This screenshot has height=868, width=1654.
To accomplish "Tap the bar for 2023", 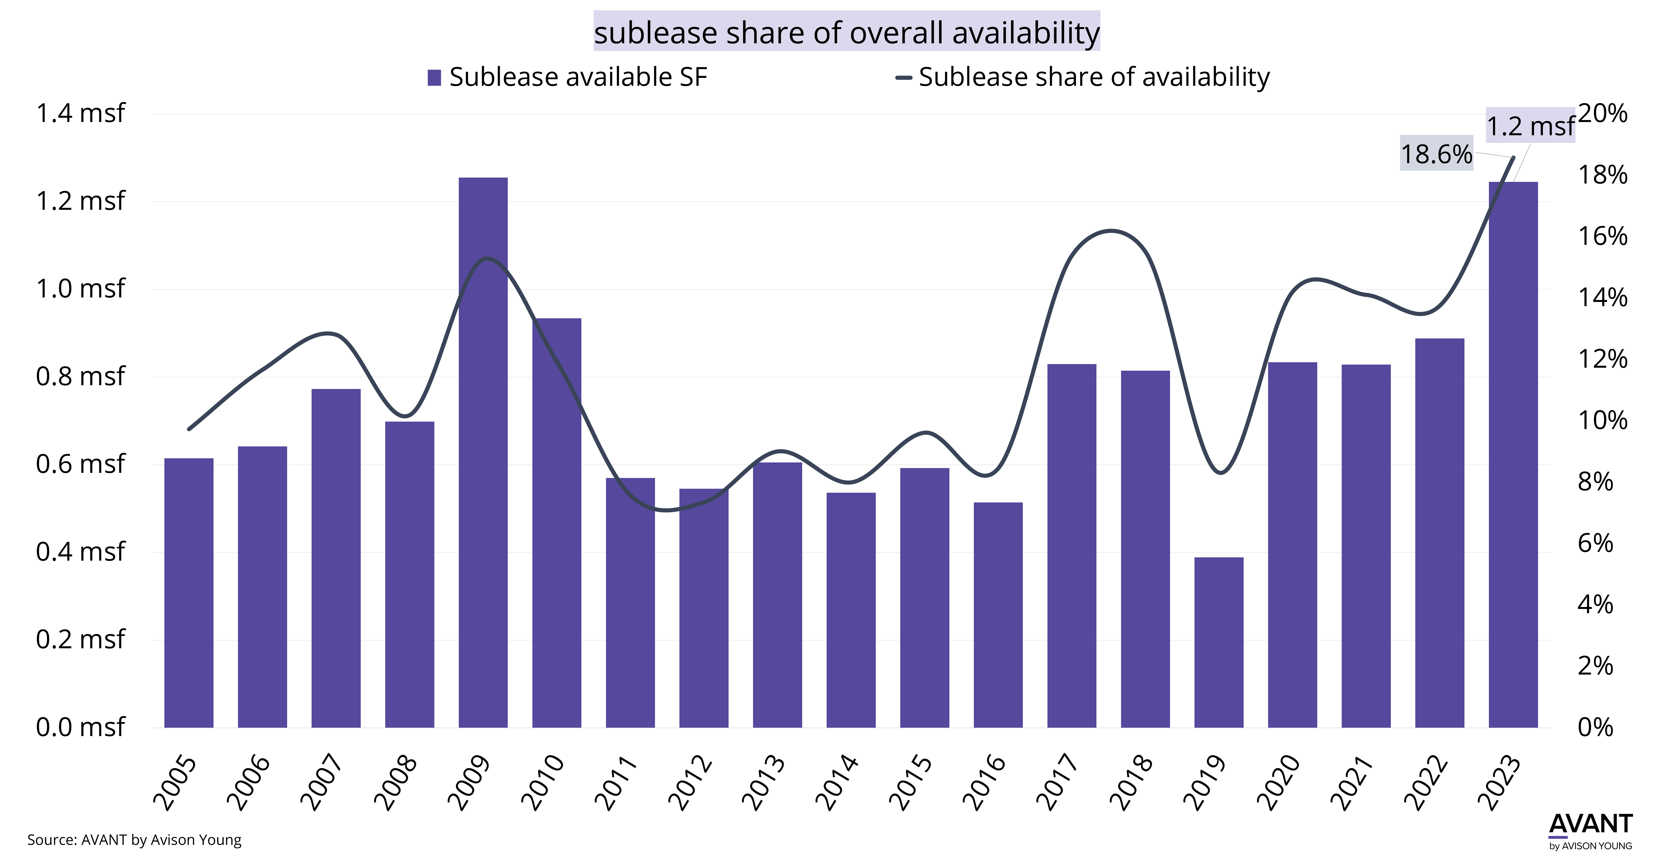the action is tap(1513, 455).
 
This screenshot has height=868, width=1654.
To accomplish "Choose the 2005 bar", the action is tap(189, 593).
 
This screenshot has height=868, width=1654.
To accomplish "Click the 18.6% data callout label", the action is tap(1436, 154).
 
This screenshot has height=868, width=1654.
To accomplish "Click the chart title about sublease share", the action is tap(846, 32).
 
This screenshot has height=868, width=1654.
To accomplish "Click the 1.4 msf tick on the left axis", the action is tap(80, 114).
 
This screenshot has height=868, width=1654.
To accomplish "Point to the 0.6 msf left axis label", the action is tap(80, 464).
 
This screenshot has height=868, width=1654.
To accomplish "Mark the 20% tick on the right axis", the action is tap(1603, 114).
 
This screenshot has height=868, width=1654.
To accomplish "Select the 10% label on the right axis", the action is tap(1603, 420).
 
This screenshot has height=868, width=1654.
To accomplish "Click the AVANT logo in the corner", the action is tap(1590, 831).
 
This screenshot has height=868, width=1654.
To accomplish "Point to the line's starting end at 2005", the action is tap(189, 429).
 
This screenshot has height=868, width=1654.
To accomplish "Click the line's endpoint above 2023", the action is tap(1513, 157).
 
